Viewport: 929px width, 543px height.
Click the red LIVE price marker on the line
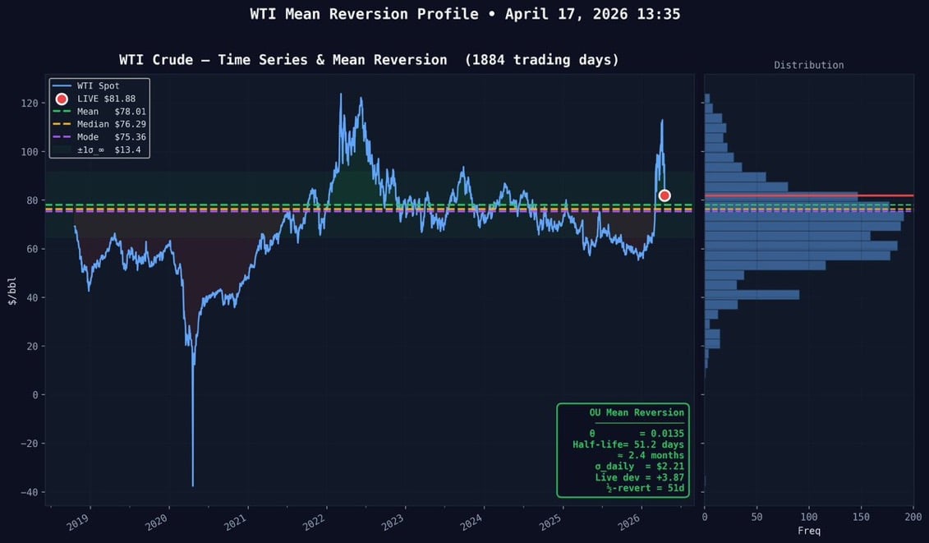pos(665,196)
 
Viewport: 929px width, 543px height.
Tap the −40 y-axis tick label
pos(29,492)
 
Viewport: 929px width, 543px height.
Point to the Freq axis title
pos(808,531)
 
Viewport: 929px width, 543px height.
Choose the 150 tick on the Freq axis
pos(861,517)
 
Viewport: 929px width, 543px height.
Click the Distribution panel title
pos(808,65)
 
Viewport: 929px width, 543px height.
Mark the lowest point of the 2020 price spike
pos(193,485)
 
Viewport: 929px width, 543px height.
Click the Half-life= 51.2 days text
pos(628,444)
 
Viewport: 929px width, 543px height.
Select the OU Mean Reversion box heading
pos(636,412)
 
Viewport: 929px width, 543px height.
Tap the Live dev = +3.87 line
pos(639,476)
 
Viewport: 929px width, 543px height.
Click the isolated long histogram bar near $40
pos(752,294)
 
